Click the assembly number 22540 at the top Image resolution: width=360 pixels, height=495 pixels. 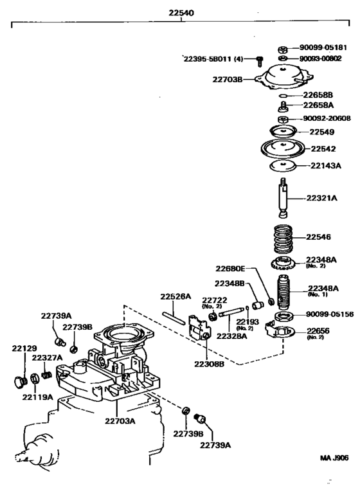(181, 13)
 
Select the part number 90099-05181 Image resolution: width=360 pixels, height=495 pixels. (323, 48)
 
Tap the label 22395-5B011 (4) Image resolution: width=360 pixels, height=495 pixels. (213, 59)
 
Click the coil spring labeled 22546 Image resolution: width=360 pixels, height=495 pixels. (282, 239)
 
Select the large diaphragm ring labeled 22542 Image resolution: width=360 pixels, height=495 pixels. (283, 148)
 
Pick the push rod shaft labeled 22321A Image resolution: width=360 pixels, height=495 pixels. (283, 197)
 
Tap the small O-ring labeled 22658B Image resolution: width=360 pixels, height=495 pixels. (283, 96)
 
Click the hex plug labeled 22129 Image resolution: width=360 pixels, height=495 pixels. (21, 382)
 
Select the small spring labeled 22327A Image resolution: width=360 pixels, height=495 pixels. (46, 375)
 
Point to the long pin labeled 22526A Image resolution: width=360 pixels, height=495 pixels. (174, 318)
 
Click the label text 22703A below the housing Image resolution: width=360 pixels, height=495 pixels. (120, 421)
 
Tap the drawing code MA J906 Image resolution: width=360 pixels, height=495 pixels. (334, 458)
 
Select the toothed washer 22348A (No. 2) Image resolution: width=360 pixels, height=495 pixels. (281, 263)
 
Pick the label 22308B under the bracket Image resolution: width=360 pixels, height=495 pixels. (209, 364)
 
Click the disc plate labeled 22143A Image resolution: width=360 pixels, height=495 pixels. (283, 165)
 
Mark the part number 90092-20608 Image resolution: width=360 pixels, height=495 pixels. (327, 118)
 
